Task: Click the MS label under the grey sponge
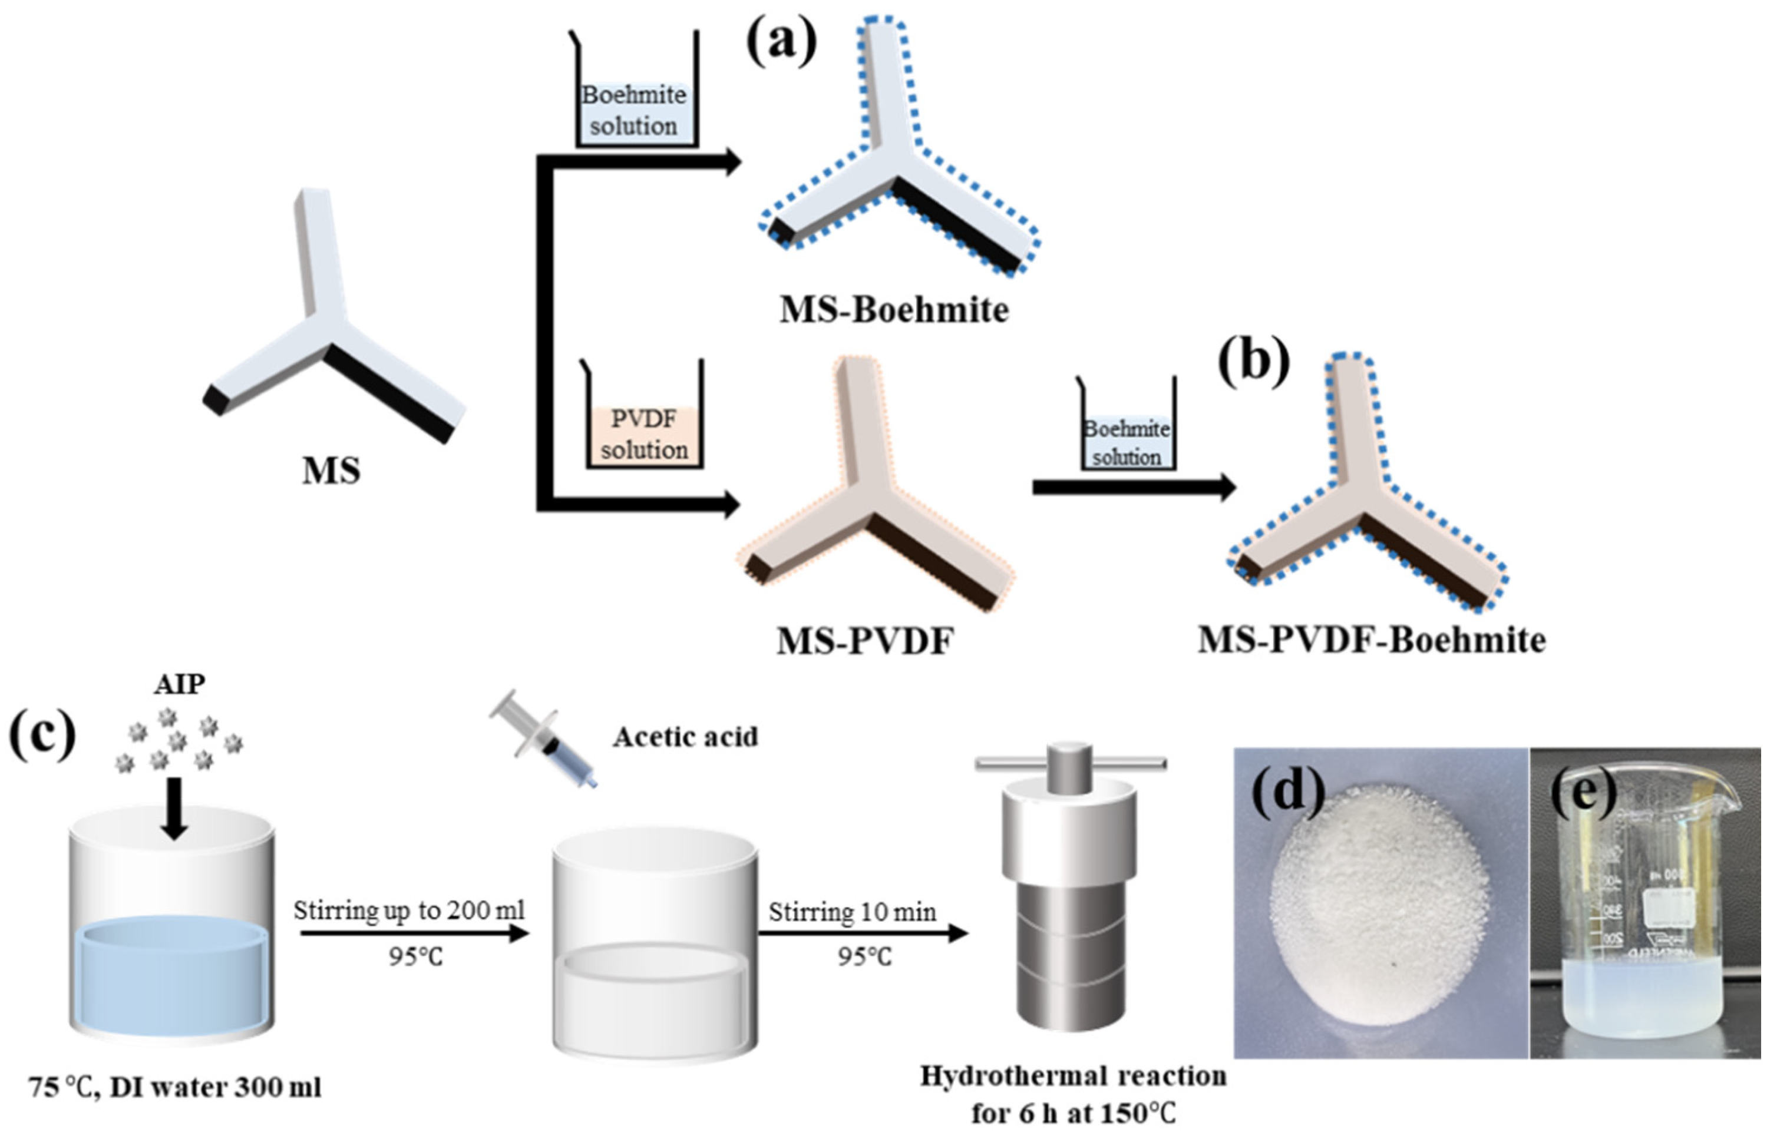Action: [331, 471]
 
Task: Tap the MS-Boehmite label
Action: [894, 310]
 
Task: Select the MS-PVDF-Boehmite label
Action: [1371, 640]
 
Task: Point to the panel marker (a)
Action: [781, 43]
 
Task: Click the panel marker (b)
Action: [1253, 364]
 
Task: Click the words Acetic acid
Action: [685, 737]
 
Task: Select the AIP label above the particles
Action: [179, 684]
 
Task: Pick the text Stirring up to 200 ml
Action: [408, 910]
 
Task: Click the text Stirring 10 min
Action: [851, 911]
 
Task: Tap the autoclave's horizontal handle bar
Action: [1070, 763]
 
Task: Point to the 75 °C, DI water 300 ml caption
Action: [176, 1087]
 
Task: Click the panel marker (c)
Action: [42, 734]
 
